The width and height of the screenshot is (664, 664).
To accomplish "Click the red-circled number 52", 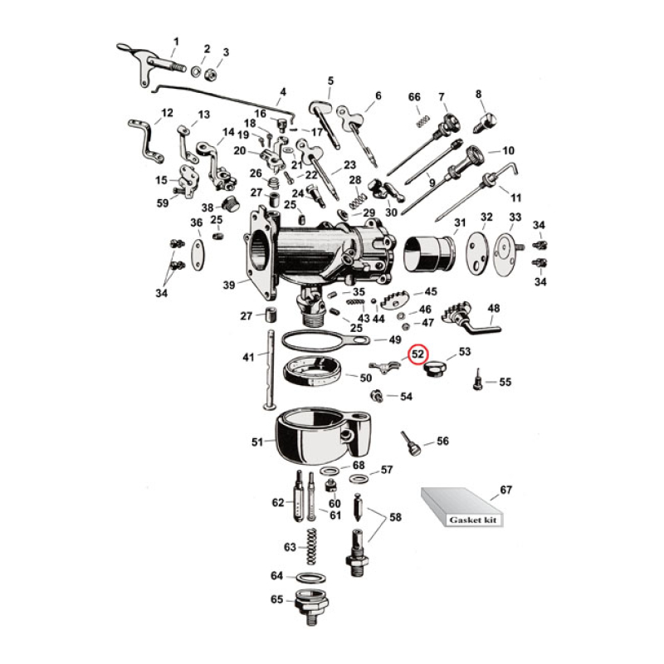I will click(419, 353).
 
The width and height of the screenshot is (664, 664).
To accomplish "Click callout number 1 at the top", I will click(175, 41).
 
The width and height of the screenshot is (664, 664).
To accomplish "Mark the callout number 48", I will click(494, 309).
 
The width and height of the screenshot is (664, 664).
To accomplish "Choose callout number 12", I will click(167, 113).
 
